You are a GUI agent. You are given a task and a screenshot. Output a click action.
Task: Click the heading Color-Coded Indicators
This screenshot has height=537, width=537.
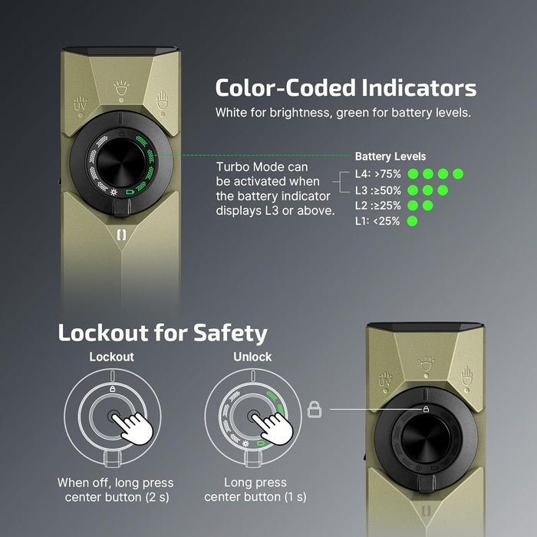345,87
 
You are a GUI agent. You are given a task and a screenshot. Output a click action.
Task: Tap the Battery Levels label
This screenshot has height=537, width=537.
390,156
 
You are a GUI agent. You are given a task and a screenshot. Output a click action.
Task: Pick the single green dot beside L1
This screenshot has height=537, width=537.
413,222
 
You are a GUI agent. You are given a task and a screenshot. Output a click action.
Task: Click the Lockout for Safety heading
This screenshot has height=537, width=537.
163,333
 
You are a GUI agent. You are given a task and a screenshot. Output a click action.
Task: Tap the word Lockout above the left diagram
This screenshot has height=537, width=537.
111,357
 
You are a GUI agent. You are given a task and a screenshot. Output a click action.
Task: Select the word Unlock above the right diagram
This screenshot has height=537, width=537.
252,357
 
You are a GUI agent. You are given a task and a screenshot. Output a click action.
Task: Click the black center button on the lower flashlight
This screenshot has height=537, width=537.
430,444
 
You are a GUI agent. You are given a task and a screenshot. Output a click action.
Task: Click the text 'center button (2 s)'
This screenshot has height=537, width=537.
116,498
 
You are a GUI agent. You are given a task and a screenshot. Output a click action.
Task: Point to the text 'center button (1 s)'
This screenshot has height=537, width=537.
255,498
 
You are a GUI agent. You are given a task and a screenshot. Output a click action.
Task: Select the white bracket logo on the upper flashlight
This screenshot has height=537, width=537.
121,235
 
